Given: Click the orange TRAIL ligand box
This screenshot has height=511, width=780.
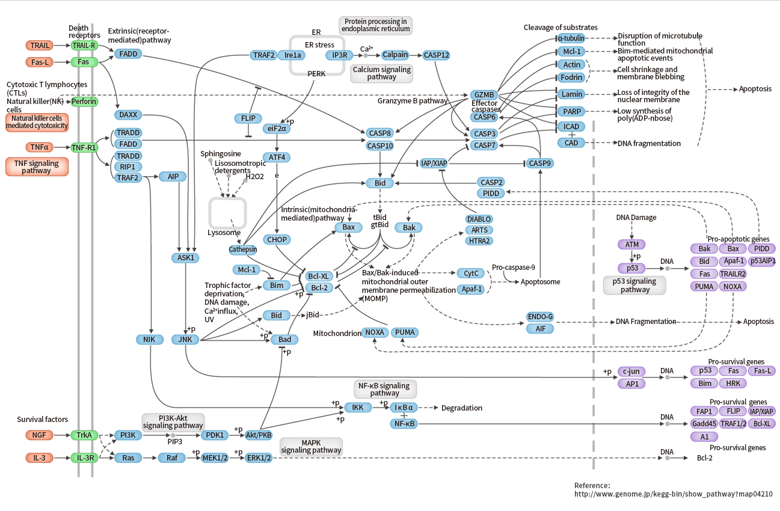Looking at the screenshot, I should coord(40,45).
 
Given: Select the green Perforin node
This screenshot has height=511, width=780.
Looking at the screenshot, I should coord(84,102).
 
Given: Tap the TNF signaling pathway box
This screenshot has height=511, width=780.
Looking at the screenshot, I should coord(37,167).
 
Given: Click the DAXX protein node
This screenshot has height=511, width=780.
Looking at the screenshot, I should coord(127,114).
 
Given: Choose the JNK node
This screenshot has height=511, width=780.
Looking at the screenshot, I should coord(185,340).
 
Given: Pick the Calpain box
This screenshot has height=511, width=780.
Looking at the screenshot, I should coord(395,55).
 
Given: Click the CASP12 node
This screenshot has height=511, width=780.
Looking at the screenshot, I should coord(436,55).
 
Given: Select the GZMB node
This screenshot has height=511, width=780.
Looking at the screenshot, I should coord(484,95).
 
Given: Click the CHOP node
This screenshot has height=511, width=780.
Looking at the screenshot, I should coord(276,239).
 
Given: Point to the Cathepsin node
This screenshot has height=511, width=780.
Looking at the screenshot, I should coord(243,249).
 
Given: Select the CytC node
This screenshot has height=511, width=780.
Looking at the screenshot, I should coord(471,274).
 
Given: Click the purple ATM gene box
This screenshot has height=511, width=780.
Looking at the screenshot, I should coord(631,244).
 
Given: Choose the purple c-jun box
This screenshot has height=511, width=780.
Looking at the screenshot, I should coord(631,372).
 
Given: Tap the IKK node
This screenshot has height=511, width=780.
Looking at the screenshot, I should coord(357,408).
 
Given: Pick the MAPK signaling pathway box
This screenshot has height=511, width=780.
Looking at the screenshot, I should coord(311,446).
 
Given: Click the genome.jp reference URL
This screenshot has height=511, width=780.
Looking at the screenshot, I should coord(673,494).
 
